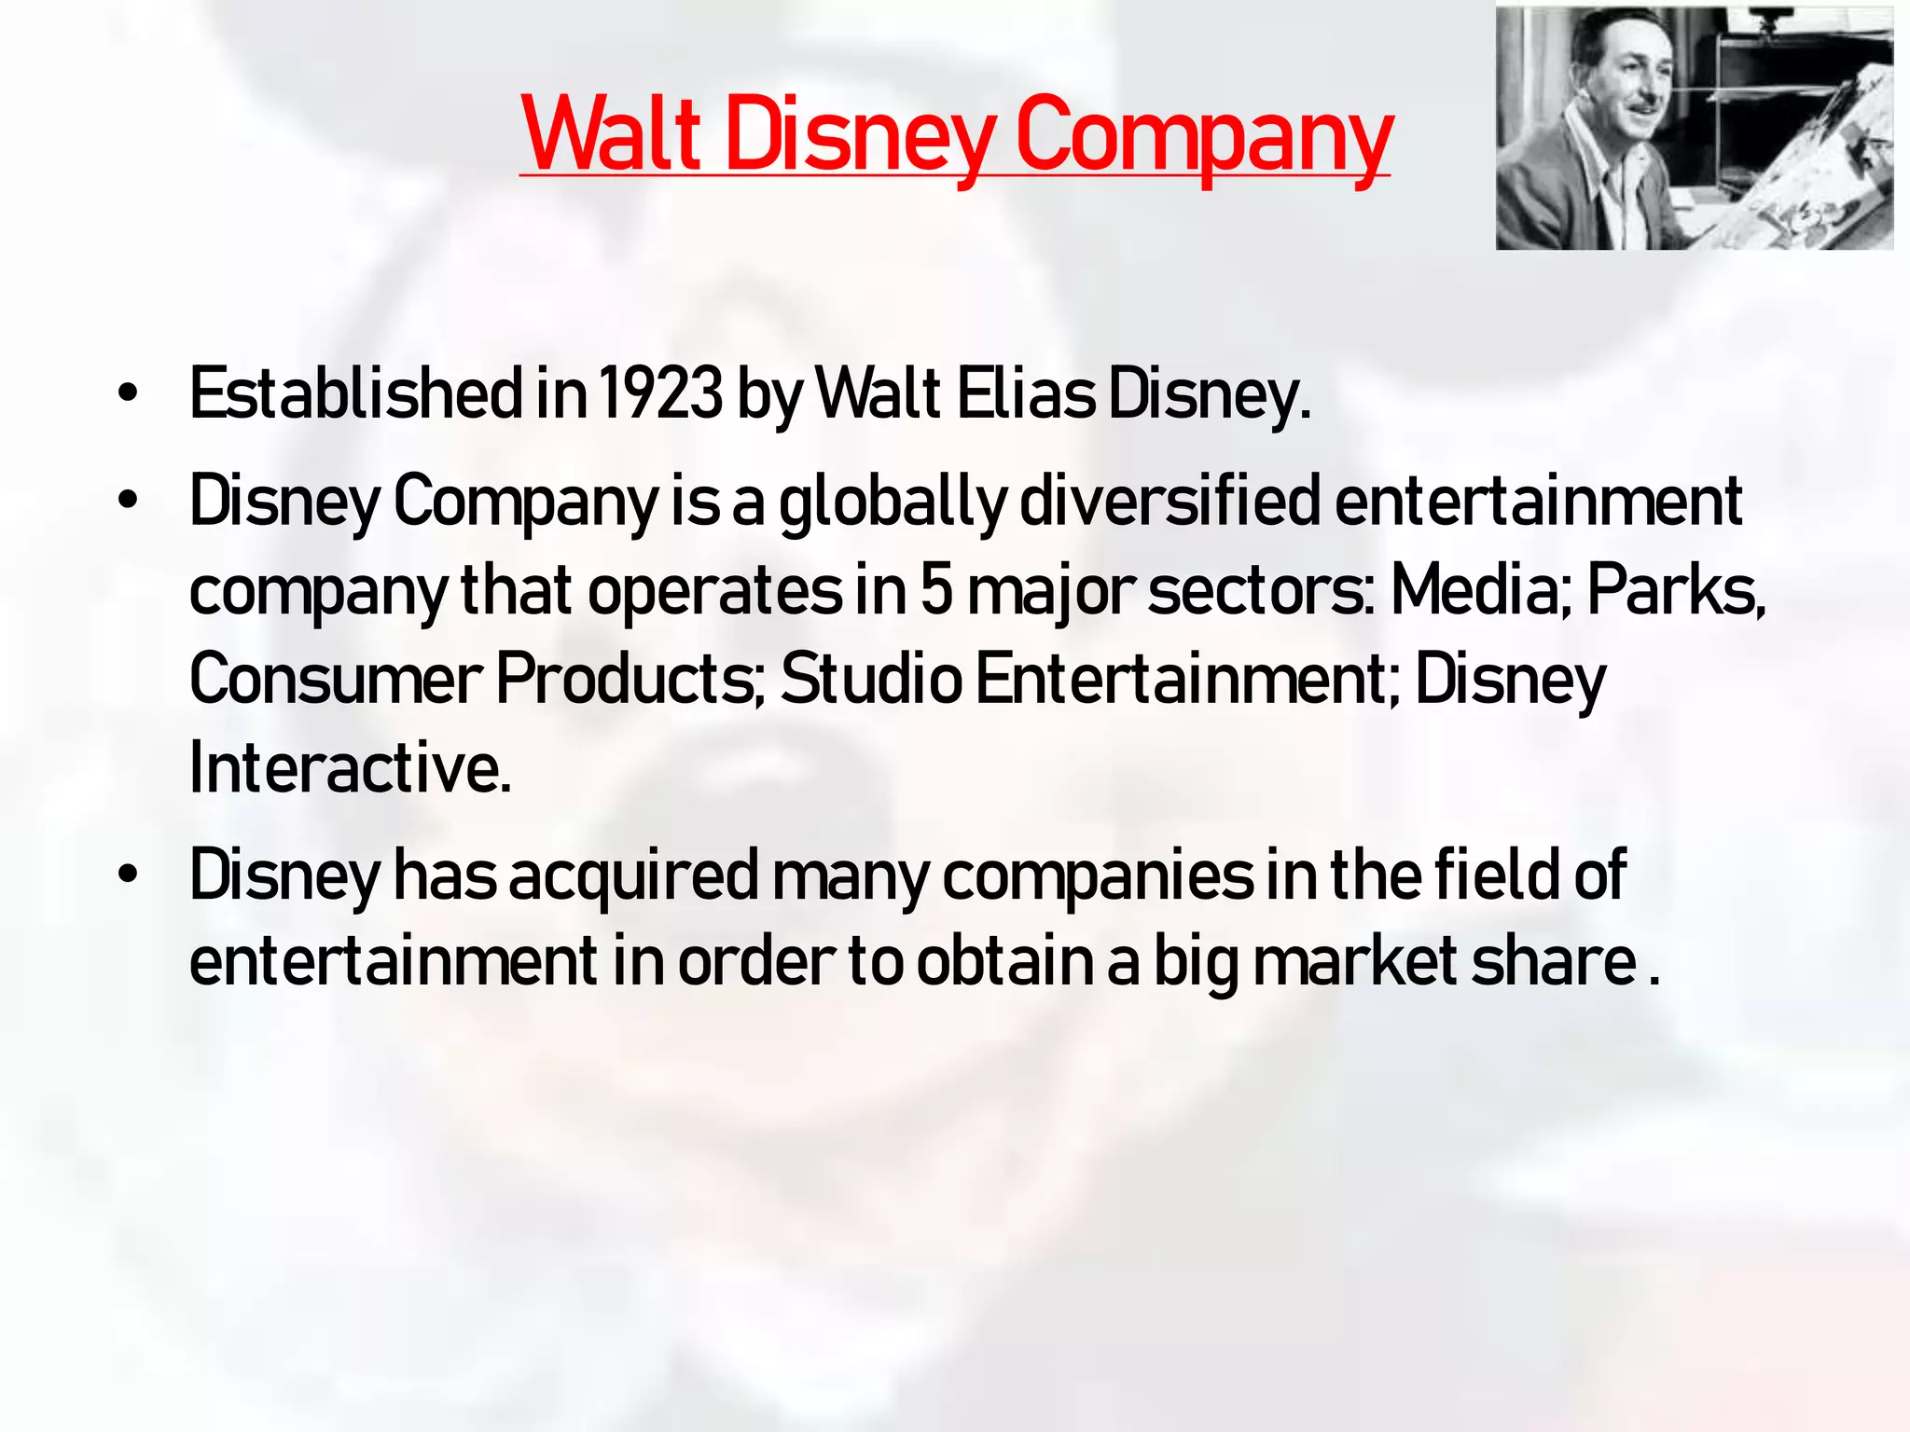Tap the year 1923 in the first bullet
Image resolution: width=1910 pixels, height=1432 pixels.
pyautogui.click(x=660, y=393)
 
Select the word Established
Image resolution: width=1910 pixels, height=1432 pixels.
pyautogui.click(x=356, y=393)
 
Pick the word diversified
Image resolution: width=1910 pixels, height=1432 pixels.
pyautogui.click(x=1170, y=502)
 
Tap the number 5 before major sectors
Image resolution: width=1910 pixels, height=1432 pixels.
pyautogui.click(x=936, y=591)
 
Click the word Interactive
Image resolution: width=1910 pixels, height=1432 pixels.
pyautogui.click(x=351, y=768)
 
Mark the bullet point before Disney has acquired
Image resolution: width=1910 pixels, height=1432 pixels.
pyautogui.click(x=128, y=876)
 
